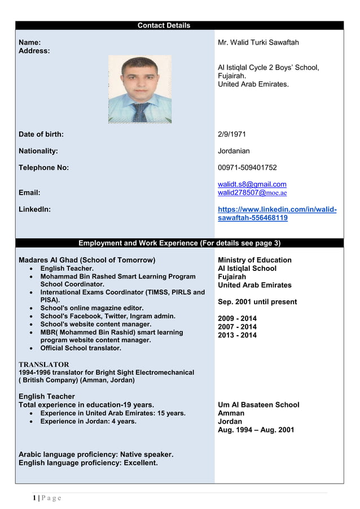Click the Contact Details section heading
tap(164, 25)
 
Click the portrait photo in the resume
tap(140, 89)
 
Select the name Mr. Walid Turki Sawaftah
tap(258, 43)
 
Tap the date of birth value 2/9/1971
tap(231, 134)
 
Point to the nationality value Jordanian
tap(234, 151)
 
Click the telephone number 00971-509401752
tap(247, 168)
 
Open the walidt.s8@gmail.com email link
tap(252, 185)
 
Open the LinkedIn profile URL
tap(276, 214)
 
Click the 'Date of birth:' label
tap(41, 134)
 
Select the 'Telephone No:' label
tap(43, 168)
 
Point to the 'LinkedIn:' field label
tap(34, 209)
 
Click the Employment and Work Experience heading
tap(179, 243)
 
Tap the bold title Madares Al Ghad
tap(87, 260)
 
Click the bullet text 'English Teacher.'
tap(67, 269)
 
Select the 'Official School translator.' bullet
tap(81, 348)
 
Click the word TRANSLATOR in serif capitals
tap(44, 365)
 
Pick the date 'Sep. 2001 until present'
tap(257, 302)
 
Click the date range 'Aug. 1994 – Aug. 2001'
tap(256, 430)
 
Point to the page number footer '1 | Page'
tap(46, 498)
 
